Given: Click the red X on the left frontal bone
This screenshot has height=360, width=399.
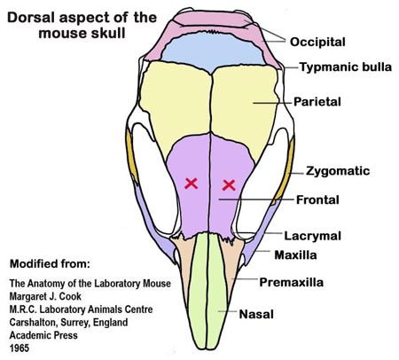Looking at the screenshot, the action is [191, 184].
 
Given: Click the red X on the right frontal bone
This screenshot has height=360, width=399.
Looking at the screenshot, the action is [229, 185].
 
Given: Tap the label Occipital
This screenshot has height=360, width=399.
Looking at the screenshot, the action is [317, 42].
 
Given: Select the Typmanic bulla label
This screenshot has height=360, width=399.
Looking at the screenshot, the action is [346, 67].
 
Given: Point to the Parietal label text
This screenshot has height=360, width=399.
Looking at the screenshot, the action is [317, 102].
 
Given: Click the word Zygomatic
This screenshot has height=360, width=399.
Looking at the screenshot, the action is [338, 171].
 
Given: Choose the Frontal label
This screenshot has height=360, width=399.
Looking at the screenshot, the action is [317, 200].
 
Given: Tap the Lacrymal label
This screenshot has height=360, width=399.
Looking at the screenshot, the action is [313, 236].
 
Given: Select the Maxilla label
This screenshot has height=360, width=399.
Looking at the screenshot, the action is [295, 254].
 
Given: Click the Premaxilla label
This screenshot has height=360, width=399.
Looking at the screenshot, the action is [292, 282].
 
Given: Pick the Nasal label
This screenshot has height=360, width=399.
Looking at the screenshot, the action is [256, 314].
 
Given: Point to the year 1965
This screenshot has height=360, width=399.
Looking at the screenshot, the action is [20, 348].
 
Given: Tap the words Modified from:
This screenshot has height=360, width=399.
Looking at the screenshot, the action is [50, 263].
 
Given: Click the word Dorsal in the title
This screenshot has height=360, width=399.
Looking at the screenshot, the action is [31, 18].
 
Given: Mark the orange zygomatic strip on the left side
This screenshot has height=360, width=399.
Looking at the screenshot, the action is [132, 157].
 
